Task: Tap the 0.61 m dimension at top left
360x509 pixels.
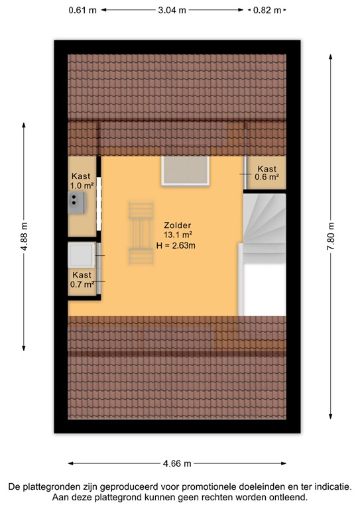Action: click(x=82, y=11)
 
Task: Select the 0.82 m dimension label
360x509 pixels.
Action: click(x=265, y=11)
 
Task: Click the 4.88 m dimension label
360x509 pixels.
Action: click(x=25, y=235)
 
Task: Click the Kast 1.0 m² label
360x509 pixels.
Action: click(x=82, y=181)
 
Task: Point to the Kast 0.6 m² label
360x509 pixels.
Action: click(x=267, y=173)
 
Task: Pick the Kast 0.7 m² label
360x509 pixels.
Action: click(x=82, y=280)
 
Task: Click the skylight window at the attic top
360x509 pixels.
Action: click(x=185, y=171)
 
